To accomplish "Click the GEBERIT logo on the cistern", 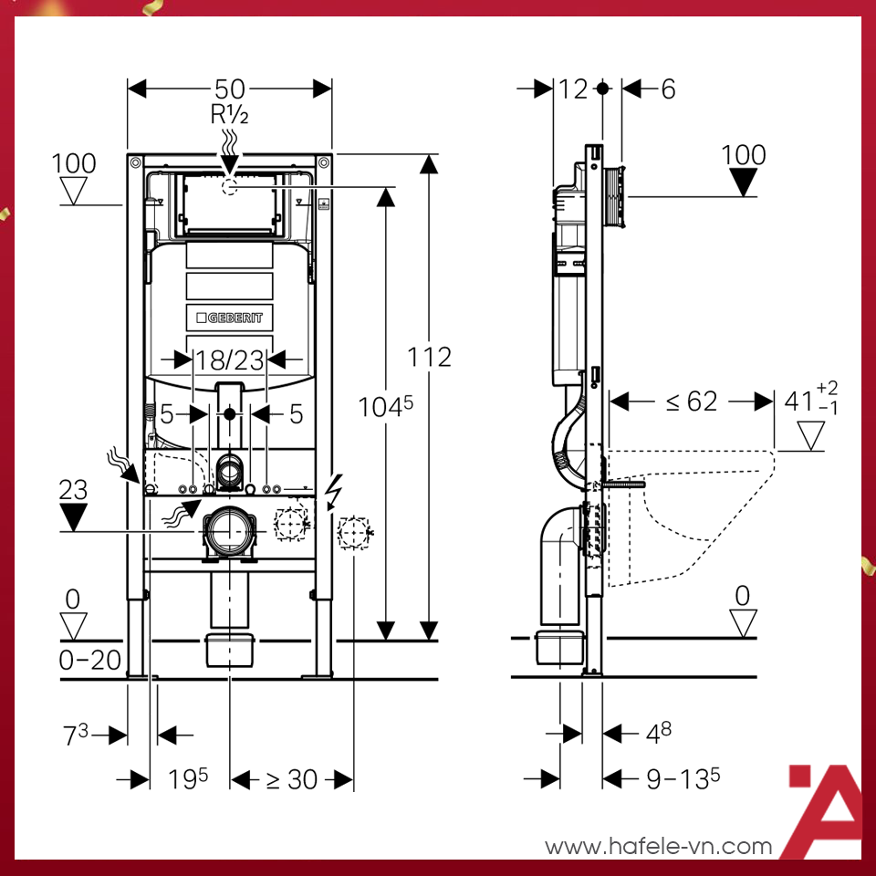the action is pos(229,318).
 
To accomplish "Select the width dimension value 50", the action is pos(230,89).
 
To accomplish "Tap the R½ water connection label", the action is pos(229,115).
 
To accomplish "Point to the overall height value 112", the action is pos(429,357).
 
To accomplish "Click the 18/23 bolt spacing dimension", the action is pos(230,360).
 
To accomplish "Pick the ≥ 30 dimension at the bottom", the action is pos(292,779).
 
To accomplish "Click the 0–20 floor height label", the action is pos(90,661).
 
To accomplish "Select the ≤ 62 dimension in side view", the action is pos(692,401).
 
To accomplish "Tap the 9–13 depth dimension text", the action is pos(683,778).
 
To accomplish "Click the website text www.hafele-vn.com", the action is pos(658,847).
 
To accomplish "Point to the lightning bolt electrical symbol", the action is pos(334,492).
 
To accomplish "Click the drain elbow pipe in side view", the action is pos(560,564).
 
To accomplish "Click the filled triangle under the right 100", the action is pos(743,182).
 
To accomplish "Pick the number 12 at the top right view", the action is pos(573,89).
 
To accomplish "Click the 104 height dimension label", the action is pos(385,406).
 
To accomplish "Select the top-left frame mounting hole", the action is pos(135,162).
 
